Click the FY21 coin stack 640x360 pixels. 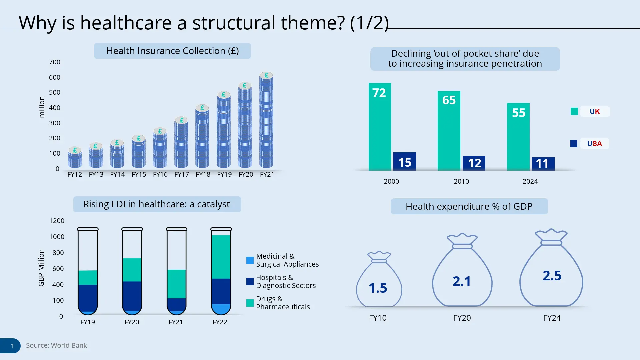coord(266,122)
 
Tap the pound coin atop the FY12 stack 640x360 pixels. coord(75,150)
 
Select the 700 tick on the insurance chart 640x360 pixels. coord(55,62)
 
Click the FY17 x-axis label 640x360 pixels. coord(181,174)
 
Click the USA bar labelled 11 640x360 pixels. coord(543,164)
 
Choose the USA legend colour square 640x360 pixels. coord(574,144)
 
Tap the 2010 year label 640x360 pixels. coord(461,181)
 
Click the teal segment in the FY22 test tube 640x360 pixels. coord(221,257)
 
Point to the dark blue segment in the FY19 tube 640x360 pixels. coord(88,297)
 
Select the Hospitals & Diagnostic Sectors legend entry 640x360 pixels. coord(285,281)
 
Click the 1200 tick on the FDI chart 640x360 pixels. coord(57,221)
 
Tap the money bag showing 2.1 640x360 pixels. coord(462,273)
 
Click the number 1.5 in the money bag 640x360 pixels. coord(378,288)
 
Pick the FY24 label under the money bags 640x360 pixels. coord(552,318)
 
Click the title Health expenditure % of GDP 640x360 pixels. coord(469,206)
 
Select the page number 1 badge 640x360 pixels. coord(12,346)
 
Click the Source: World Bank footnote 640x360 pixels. coord(56,345)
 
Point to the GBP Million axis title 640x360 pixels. coord(41,268)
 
